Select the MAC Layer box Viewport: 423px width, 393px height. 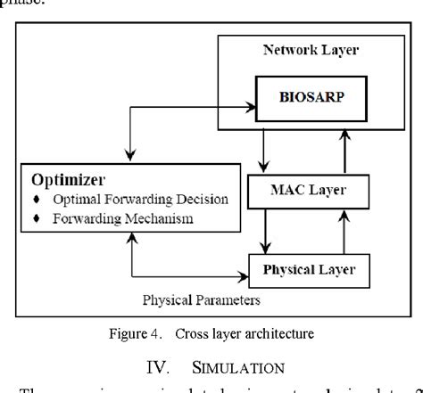click(304, 189)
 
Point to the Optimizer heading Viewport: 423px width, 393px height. click(67, 179)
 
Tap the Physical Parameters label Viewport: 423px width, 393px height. click(202, 300)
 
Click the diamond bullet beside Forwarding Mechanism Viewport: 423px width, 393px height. click(37, 217)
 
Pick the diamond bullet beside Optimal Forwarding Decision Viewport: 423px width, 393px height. click(37, 198)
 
